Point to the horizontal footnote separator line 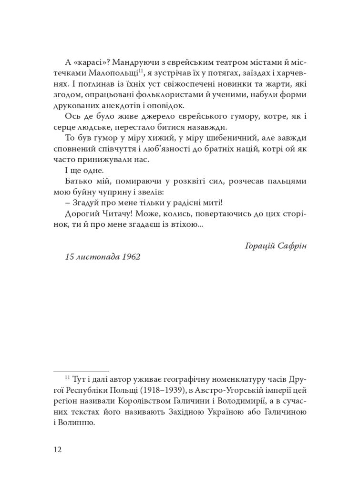coord(81,371)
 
